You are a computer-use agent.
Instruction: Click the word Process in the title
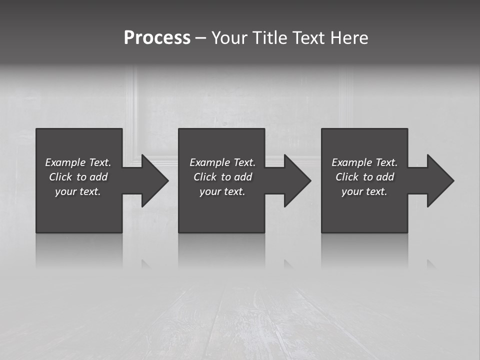157,38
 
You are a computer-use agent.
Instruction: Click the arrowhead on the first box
154,180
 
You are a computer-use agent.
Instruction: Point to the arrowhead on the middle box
296,180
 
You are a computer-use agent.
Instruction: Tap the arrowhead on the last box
439,180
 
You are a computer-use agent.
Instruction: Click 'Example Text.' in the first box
78,162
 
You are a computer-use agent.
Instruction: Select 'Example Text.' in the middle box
222,162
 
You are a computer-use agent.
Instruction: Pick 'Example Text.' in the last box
364,162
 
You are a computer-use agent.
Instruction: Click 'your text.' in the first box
78,191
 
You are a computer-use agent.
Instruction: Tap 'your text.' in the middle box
222,191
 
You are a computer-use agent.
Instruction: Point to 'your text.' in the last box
364,191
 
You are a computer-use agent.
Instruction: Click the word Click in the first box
60,177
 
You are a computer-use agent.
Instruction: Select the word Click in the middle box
205,177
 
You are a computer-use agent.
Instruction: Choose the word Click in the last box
347,177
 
